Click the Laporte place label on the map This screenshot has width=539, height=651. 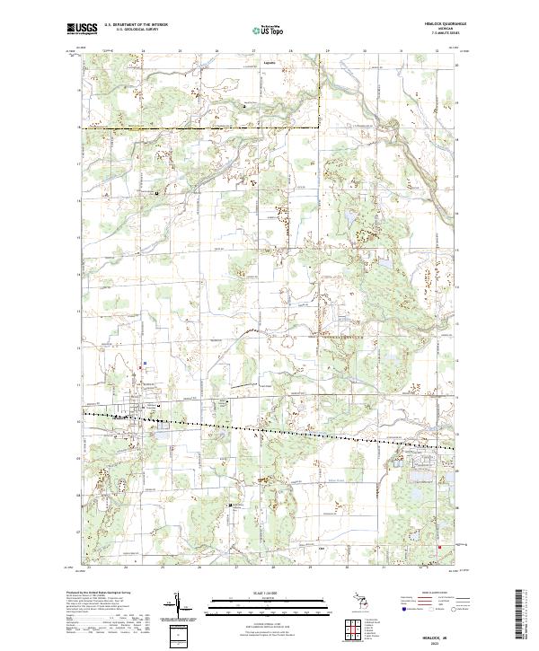coord(268,63)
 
